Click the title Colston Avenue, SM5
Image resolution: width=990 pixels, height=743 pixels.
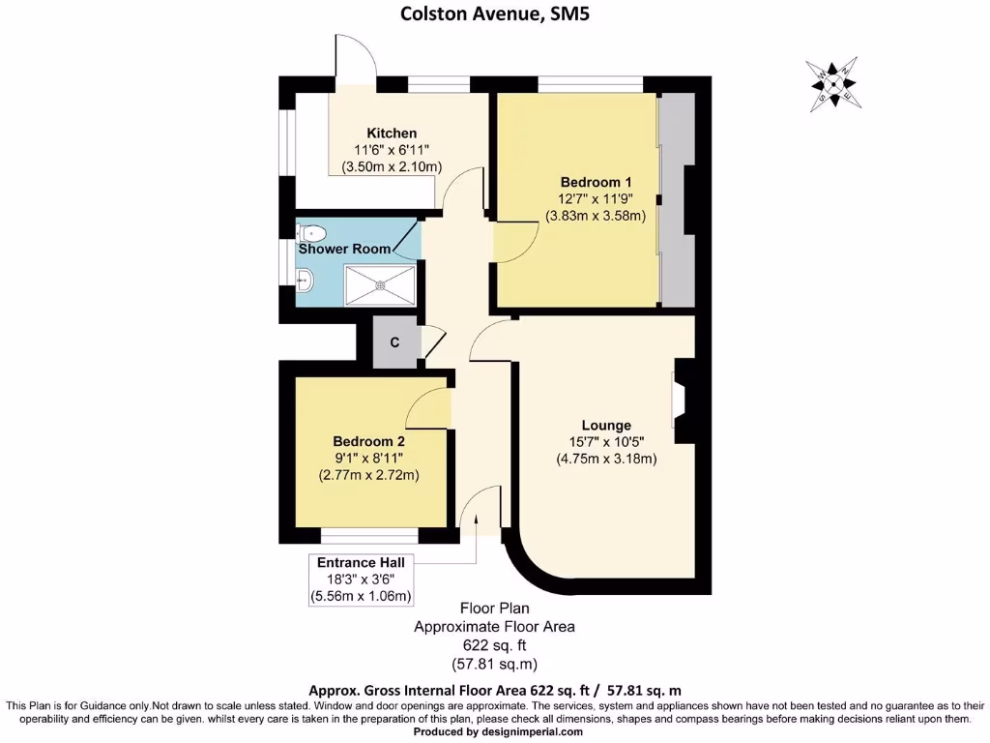(494, 14)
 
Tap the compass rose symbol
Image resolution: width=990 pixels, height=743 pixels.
(834, 82)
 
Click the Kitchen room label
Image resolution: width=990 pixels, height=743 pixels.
(392, 133)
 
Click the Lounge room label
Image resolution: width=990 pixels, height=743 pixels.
(606, 425)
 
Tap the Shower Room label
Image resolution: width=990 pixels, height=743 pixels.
(344, 249)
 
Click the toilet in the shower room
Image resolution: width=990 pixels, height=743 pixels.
(312, 232)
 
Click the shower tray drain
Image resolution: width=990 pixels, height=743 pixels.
(381, 285)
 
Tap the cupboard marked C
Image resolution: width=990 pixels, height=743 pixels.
(394, 342)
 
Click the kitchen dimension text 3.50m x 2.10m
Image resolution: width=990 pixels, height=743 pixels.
(392, 166)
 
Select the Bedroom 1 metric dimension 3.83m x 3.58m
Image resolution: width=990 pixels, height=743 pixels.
(596, 216)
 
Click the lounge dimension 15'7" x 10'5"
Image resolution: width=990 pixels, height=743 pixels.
(606, 442)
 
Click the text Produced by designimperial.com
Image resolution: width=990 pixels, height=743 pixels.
(498, 732)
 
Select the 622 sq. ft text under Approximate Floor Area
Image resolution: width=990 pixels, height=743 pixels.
(494, 645)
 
